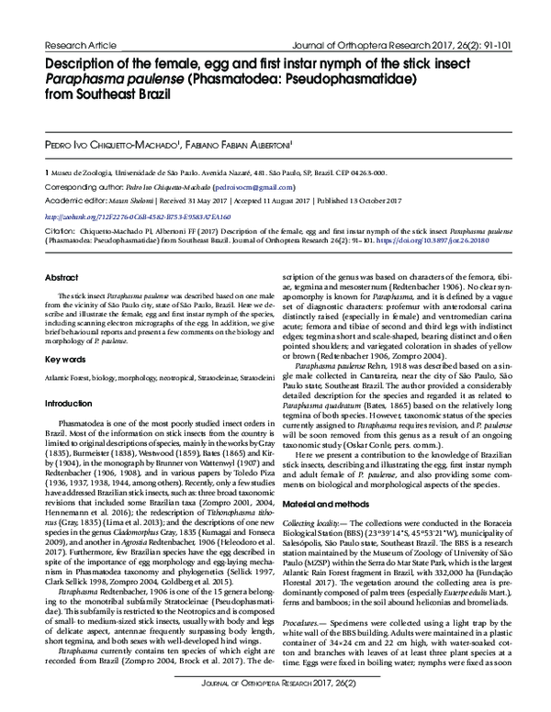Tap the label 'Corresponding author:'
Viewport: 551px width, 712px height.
(x=84, y=184)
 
